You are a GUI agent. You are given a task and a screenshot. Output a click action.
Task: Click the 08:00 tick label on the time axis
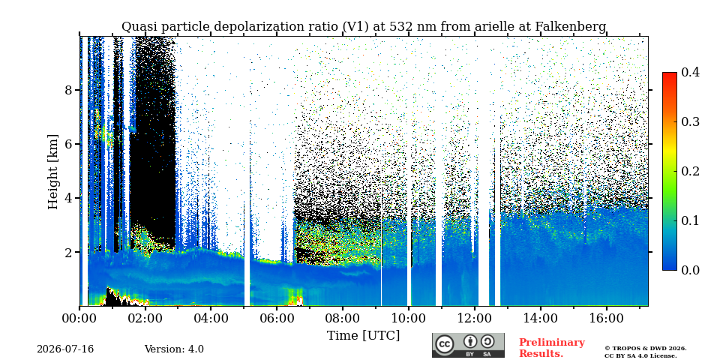click(342, 319)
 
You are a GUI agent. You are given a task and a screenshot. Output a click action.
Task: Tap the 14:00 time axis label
click(539, 319)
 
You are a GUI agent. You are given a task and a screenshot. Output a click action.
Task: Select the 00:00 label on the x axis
click(79, 319)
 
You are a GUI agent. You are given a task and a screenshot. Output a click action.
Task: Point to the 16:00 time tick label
click(605, 319)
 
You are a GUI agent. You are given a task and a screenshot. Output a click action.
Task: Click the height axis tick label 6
click(68, 144)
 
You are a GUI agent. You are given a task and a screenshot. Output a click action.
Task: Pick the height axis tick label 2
click(68, 252)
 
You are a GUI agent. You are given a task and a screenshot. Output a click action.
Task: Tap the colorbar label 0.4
click(690, 72)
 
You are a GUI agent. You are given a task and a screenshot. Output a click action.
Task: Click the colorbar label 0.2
click(690, 171)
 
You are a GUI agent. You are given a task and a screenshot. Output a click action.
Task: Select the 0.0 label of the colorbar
click(690, 270)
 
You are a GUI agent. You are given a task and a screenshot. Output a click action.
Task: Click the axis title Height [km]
click(53, 172)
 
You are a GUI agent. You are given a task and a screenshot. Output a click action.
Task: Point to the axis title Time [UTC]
click(363, 336)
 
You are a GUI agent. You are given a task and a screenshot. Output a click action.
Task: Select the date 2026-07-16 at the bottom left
click(65, 349)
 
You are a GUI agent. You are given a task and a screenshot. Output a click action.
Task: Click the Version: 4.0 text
click(174, 349)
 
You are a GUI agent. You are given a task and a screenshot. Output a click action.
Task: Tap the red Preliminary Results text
click(552, 347)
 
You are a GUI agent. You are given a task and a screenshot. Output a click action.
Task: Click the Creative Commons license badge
click(468, 345)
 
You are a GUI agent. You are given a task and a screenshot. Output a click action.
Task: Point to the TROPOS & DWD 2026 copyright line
click(646, 349)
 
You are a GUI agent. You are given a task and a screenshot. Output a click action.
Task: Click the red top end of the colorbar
click(670, 73)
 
